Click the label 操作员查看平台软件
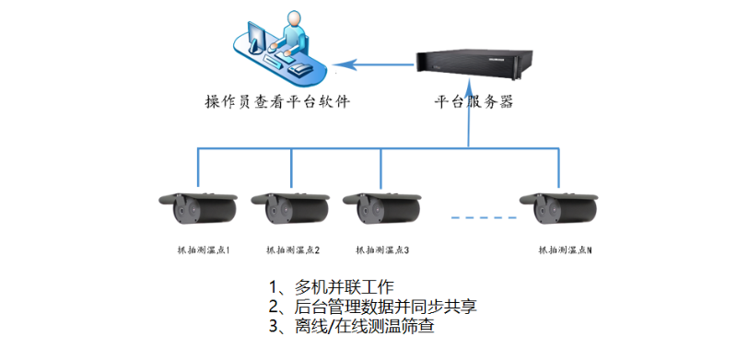pyautogui.click(x=277, y=101)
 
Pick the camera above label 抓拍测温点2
pyautogui.click(x=290, y=208)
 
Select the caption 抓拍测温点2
pyautogui.click(x=293, y=250)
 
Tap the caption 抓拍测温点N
pyautogui.click(x=565, y=250)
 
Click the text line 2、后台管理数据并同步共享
pyautogui.click(x=372, y=306)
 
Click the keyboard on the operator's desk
pyautogui.click(x=276, y=59)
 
